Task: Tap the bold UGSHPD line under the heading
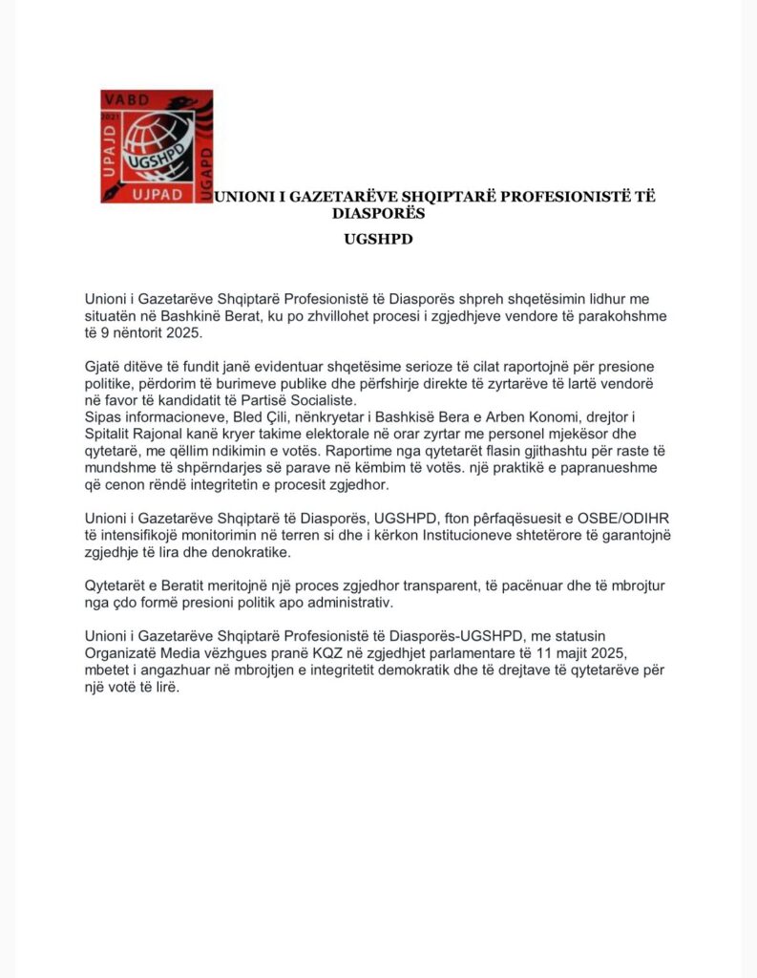378,239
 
